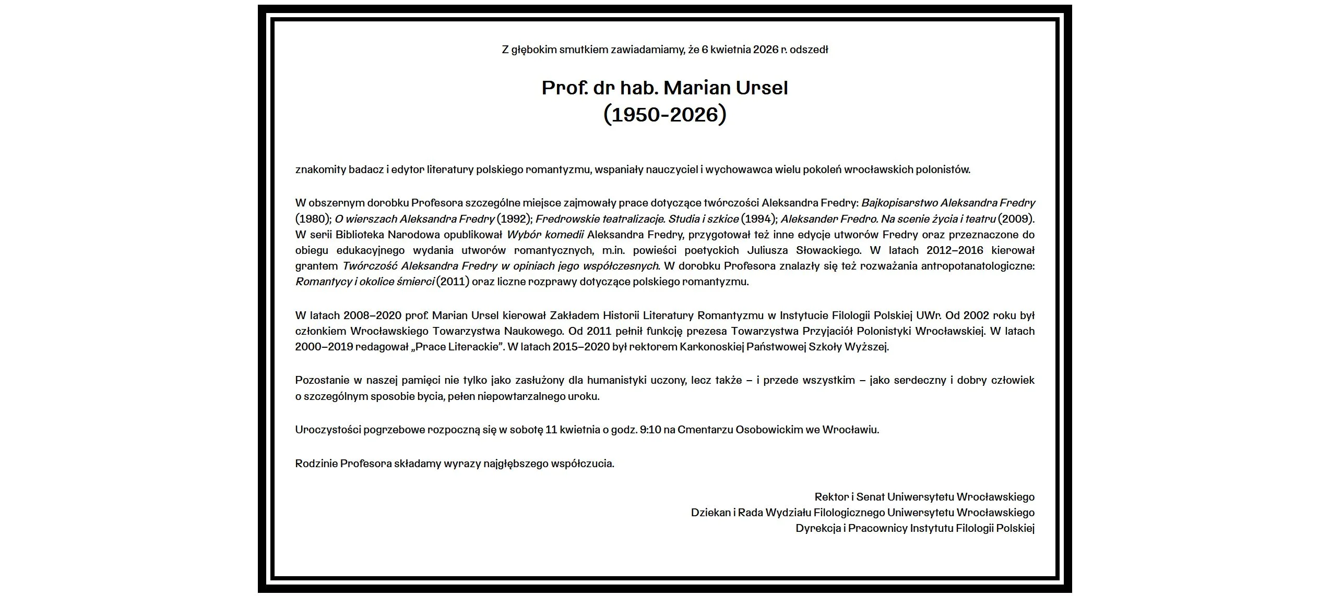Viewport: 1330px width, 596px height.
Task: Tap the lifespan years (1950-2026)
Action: point(664,115)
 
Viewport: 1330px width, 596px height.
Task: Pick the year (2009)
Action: point(1016,219)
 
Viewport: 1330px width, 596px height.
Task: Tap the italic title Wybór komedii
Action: point(545,235)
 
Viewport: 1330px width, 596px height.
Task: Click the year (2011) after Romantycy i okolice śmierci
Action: point(453,282)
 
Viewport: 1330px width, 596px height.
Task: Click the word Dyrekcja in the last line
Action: point(818,528)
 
